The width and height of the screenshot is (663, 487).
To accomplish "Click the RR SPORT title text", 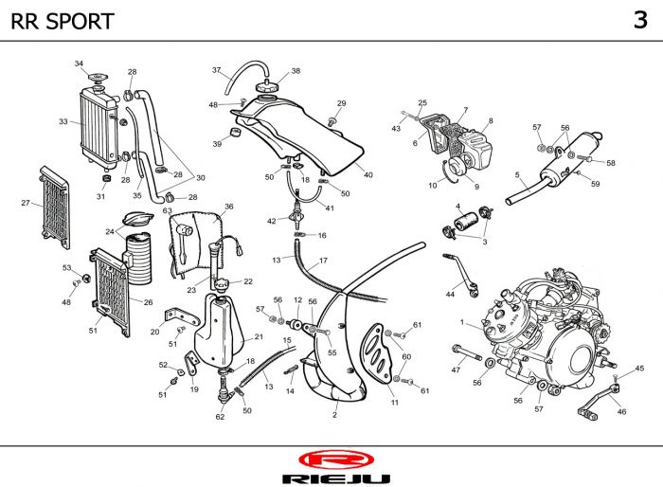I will (63, 21).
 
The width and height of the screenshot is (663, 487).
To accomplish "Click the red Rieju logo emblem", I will (331, 461).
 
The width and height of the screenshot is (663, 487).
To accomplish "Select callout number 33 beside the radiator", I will (63, 121).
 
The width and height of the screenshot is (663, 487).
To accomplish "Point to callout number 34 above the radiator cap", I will (79, 63).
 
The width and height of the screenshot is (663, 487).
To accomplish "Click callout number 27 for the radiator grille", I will (26, 203).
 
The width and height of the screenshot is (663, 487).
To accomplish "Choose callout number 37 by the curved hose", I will (216, 70).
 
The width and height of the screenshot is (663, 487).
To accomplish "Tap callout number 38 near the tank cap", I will (296, 71).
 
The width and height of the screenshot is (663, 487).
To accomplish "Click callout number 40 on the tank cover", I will (368, 174).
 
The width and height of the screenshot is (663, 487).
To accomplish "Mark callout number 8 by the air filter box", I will (491, 121).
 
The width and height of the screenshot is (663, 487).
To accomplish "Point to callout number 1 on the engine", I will (461, 324).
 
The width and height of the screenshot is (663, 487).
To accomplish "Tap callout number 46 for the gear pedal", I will (621, 411).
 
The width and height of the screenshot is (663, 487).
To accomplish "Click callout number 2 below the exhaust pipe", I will (334, 414).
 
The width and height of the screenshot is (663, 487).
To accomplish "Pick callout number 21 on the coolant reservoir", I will (259, 336).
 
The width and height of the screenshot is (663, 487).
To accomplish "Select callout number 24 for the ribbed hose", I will (110, 231).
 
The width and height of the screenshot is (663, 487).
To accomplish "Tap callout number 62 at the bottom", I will (220, 417).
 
